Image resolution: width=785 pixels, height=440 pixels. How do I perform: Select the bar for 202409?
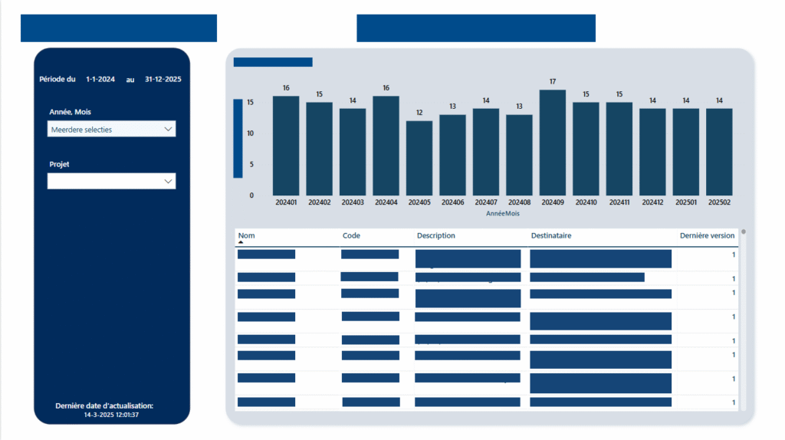553,143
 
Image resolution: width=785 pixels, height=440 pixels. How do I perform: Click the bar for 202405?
419,158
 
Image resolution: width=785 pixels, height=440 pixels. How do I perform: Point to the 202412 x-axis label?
653,202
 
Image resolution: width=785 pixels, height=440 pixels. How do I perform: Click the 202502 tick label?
720,202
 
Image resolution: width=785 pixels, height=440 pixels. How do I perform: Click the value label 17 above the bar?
553,81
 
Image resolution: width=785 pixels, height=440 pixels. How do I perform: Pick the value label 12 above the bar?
419,113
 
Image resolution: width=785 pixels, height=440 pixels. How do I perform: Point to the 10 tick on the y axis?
251,133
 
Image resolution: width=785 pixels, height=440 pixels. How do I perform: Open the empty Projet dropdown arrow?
168,181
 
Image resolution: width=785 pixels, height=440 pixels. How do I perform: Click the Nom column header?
246,235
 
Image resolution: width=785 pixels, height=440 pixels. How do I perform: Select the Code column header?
351,235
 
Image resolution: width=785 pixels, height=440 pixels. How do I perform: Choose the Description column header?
435,235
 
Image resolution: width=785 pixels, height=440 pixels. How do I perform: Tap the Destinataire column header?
550,235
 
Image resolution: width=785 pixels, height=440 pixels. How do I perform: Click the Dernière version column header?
707,235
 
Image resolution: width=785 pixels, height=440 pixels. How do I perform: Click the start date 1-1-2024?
100,79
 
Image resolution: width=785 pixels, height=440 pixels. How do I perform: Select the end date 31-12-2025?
163,79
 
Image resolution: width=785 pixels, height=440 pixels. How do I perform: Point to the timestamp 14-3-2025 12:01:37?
111,415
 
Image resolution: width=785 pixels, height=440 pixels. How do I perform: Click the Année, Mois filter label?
70,112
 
